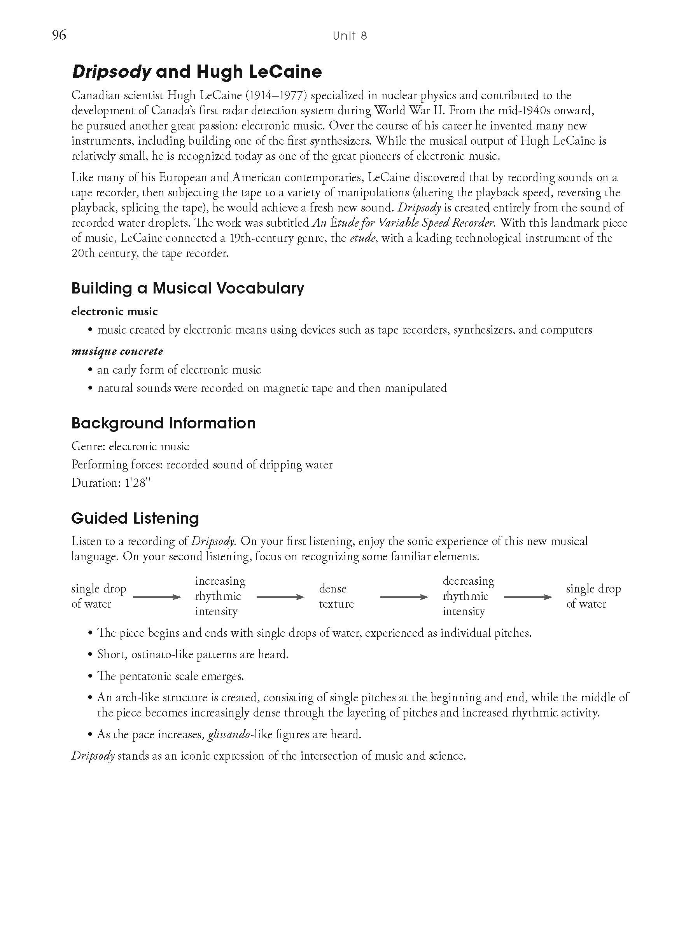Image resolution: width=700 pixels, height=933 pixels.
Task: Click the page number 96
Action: click(59, 35)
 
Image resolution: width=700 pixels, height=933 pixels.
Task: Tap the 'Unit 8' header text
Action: click(349, 36)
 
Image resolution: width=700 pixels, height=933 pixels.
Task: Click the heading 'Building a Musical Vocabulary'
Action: click(188, 288)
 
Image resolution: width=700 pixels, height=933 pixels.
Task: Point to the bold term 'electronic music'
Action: click(114, 312)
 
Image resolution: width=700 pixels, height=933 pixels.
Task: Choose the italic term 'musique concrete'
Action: click(117, 351)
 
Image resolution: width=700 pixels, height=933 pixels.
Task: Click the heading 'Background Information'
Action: click(163, 423)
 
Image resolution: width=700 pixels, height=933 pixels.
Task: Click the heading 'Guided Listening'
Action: click(135, 518)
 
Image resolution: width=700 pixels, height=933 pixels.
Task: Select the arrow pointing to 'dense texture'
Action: click(280, 597)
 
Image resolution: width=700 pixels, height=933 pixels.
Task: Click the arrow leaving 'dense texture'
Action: click(404, 597)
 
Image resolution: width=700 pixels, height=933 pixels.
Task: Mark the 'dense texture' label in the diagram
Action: click(336, 596)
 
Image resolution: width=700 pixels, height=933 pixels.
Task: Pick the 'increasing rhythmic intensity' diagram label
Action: click(220, 596)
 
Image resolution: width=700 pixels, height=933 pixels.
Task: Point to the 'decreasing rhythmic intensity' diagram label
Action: click(468, 596)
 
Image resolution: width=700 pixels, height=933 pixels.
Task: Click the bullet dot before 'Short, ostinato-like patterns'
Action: click(90, 655)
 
